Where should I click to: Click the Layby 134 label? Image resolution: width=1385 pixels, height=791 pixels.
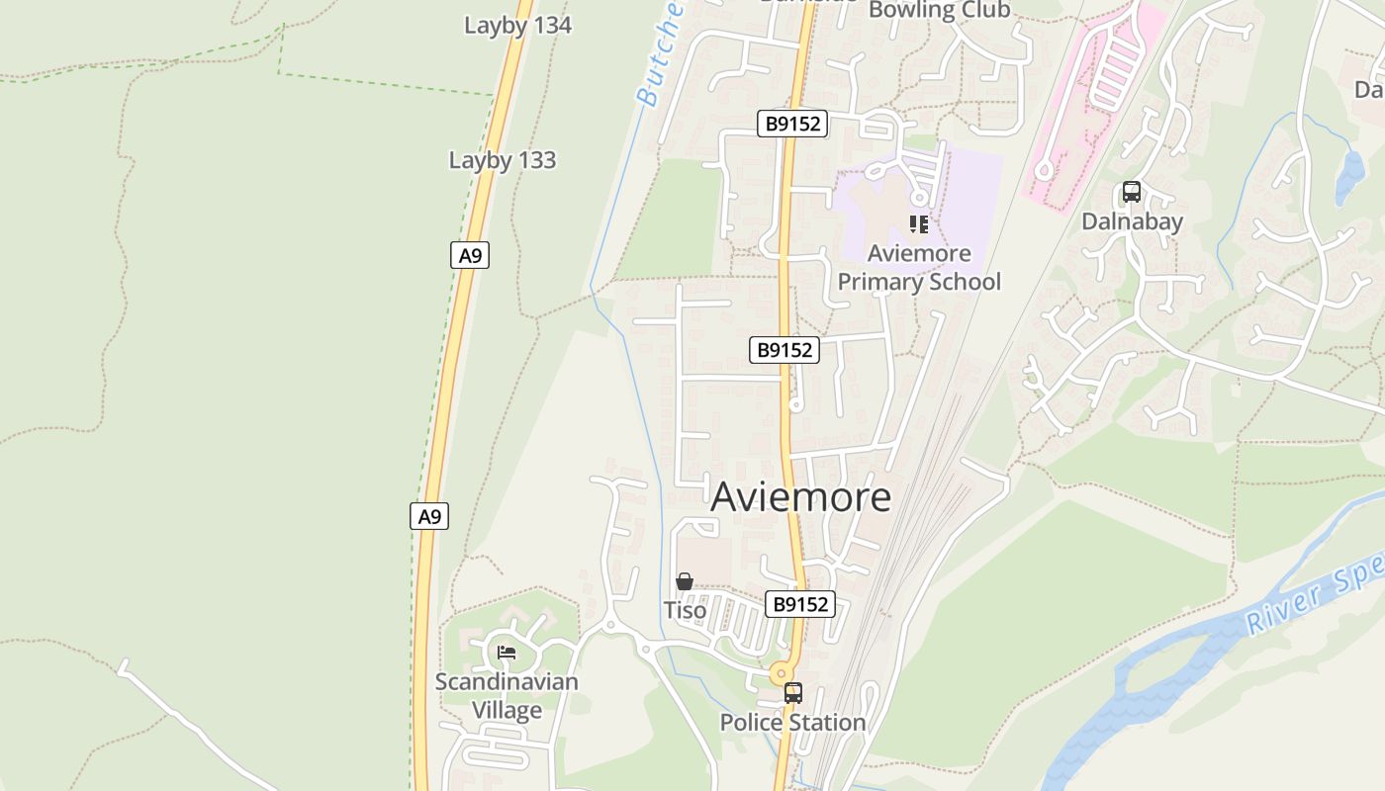click(517, 26)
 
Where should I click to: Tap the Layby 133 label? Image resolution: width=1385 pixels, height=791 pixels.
click(503, 160)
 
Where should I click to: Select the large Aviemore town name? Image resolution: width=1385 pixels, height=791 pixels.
click(800, 496)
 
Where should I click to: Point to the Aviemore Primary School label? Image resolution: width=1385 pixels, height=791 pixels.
click(919, 268)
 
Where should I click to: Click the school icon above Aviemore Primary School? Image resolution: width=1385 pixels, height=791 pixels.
click(919, 224)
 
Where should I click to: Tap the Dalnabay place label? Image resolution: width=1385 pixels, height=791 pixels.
click(1132, 221)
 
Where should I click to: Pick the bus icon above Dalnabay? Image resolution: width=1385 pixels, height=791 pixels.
click(1132, 192)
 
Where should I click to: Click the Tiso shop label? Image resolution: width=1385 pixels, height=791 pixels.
click(685, 610)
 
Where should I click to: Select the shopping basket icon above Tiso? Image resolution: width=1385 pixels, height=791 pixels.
click(684, 581)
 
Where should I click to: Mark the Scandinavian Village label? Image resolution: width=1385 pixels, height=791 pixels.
click(507, 696)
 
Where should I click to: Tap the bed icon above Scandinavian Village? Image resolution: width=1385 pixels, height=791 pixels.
click(507, 653)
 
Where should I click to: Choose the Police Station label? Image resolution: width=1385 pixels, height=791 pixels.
click(792, 723)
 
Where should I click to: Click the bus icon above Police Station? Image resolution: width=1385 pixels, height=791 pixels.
click(792, 693)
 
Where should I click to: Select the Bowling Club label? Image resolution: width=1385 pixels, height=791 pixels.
click(939, 11)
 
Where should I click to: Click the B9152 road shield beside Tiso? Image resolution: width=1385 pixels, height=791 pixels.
click(800, 604)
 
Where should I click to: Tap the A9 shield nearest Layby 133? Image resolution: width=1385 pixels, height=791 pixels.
click(470, 256)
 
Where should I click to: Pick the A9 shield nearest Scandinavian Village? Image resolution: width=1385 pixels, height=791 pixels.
click(429, 516)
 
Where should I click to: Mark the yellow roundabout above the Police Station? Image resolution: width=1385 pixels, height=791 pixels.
click(782, 673)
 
